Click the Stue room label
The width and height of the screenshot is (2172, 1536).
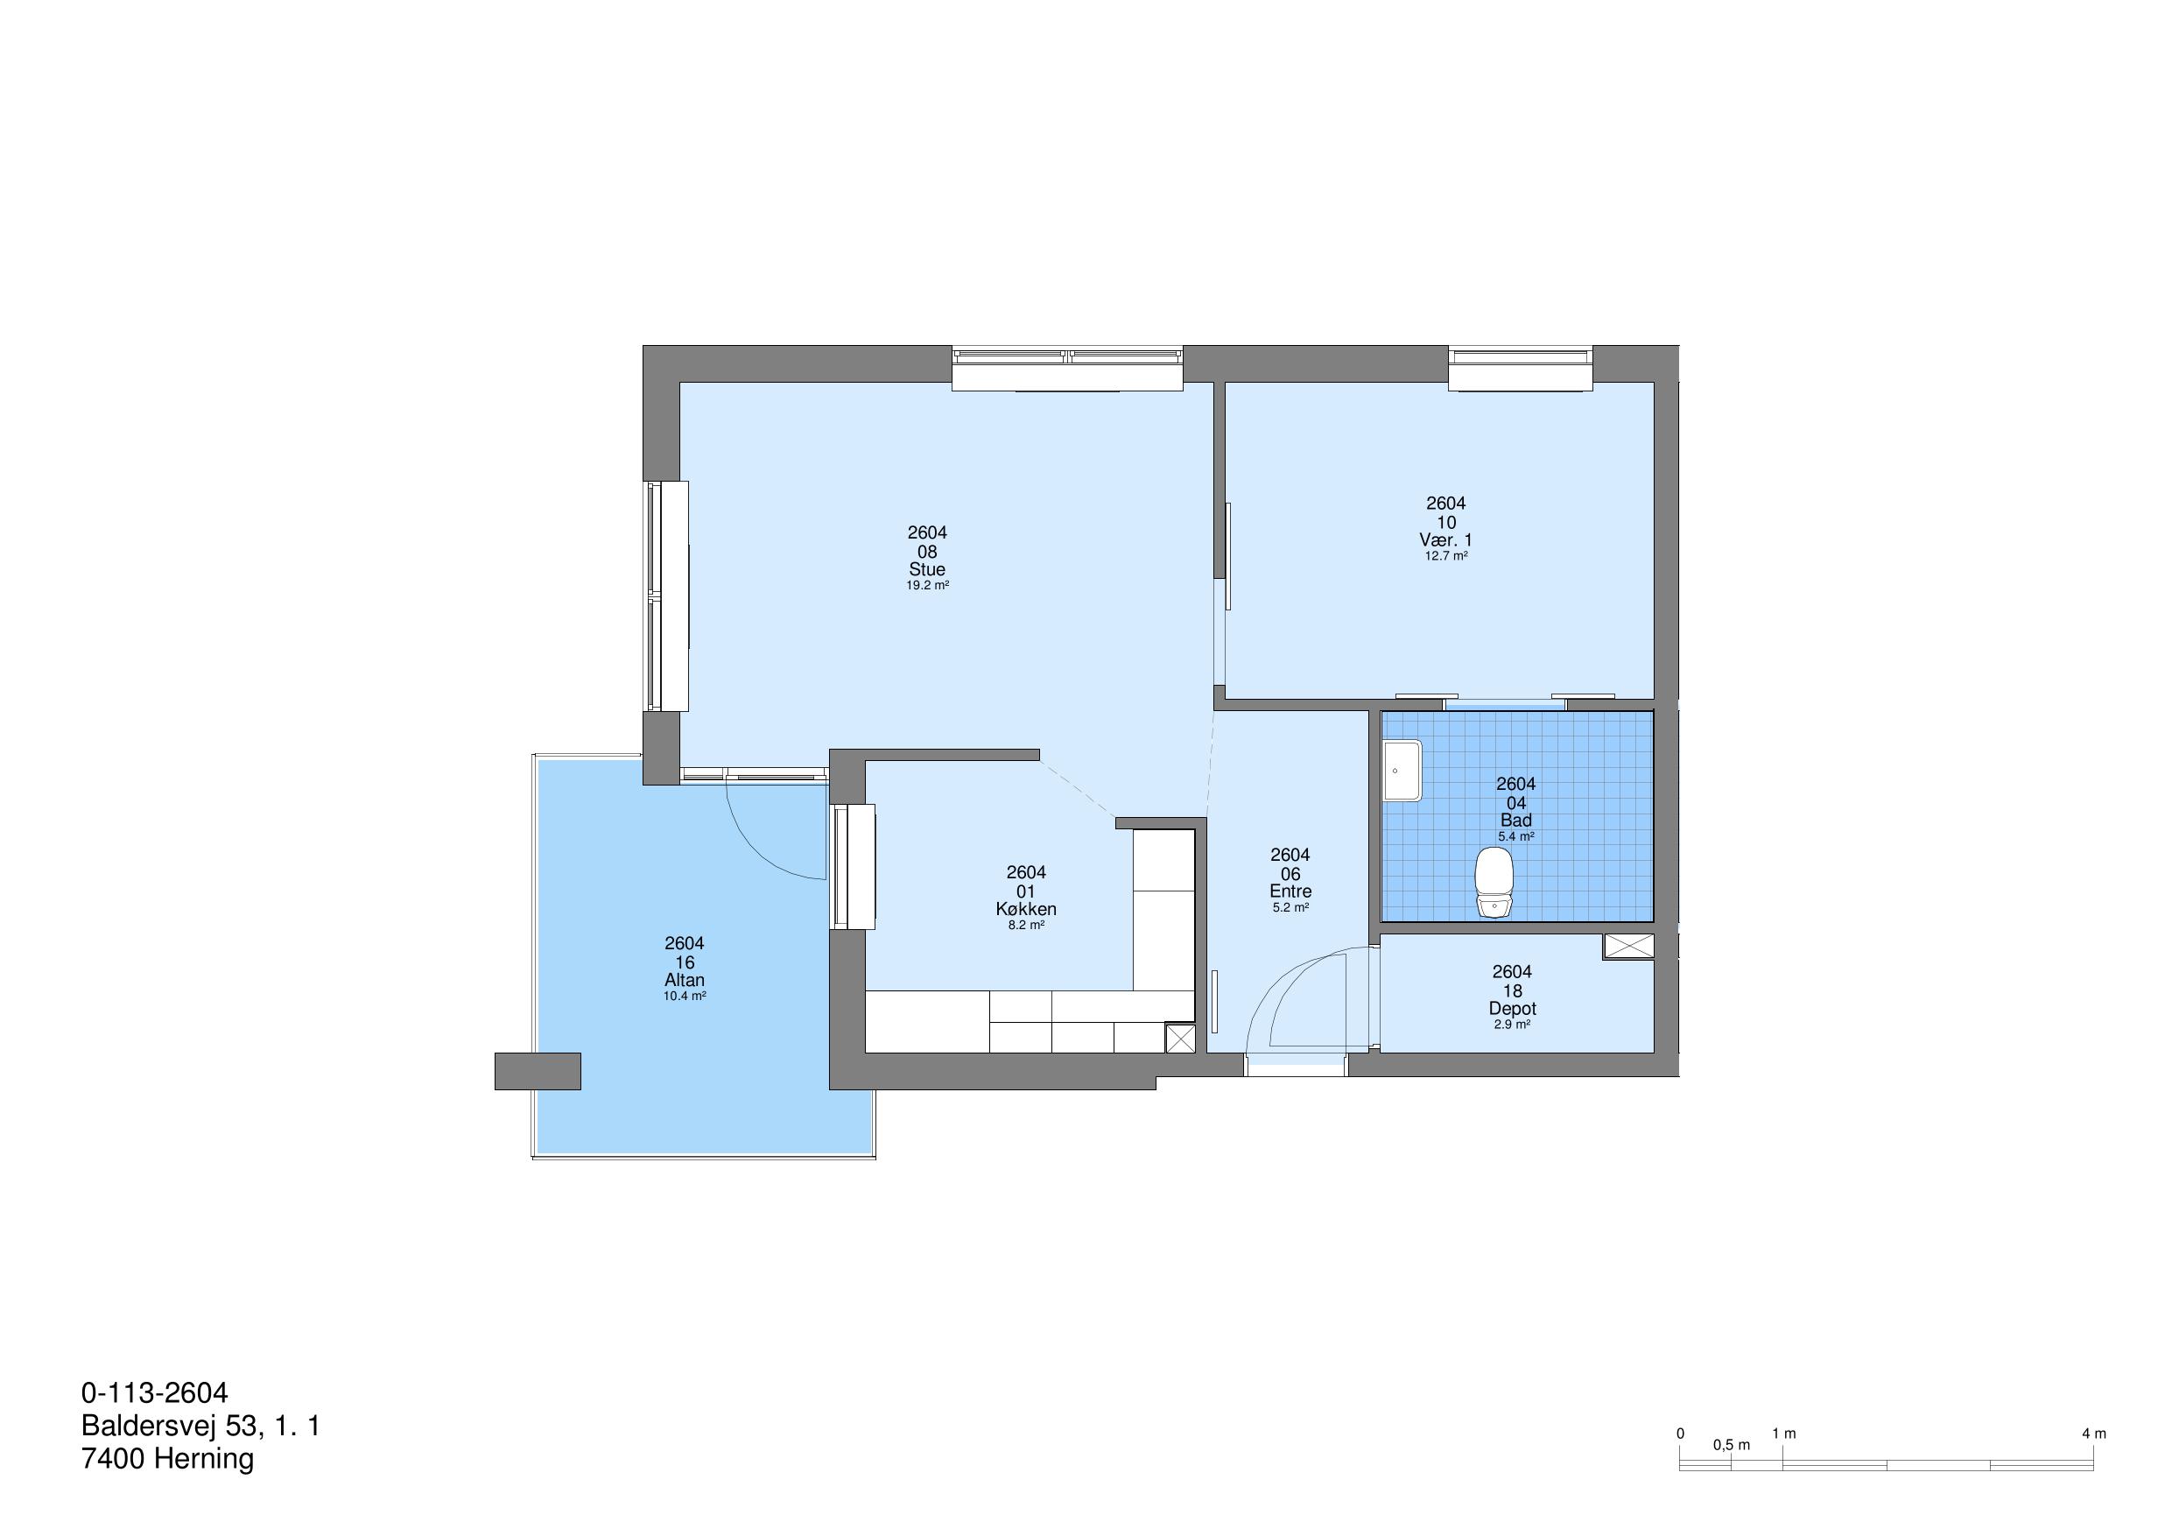(927, 570)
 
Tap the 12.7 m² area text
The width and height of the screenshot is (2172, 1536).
(1446, 556)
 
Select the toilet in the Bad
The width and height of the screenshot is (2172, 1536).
(1494, 882)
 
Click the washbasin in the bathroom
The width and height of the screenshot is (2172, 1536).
(1401, 771)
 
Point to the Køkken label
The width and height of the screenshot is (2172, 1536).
(1026, 910)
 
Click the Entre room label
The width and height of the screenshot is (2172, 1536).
(1290, 891)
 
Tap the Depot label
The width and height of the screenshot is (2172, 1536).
(1513, 1009)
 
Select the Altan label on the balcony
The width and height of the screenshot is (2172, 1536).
(684, 981)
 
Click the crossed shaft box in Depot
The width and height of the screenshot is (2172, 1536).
(1628, 947)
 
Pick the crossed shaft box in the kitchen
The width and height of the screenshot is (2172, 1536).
(1179, 1039)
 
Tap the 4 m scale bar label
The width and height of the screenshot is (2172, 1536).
(2093, 1434)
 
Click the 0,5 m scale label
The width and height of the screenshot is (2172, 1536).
(1731, 1445)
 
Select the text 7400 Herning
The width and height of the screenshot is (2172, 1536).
(167, 1459)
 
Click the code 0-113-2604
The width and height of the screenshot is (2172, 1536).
(155, 1393)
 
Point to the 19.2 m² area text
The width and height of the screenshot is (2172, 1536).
(927, 586)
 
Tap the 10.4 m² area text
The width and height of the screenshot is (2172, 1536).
(684, 997)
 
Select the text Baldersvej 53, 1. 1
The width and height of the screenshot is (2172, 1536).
(200, 1427)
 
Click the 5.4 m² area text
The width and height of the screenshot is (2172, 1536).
(1515, 836)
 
